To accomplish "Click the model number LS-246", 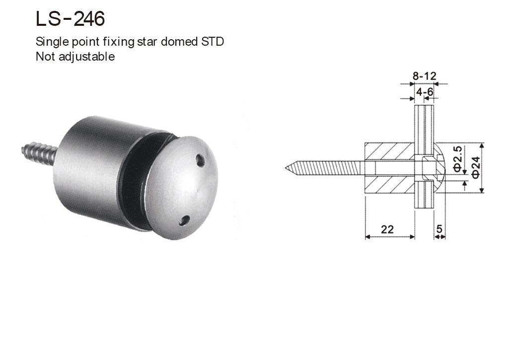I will tap(70, 19).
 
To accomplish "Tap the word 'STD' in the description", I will tap(212, 42).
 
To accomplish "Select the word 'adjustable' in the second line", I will tap(87, 57).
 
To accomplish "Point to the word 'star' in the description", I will tap(148, 42).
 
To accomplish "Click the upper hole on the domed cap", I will tap(200, 160).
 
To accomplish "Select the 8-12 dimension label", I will tap(424, 76).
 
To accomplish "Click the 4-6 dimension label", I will tap(425, 92).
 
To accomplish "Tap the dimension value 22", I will tap(387, 229).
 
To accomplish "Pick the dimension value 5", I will tap(439, 229).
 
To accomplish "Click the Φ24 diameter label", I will tap(475, 167).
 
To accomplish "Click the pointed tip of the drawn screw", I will tap(288, 168).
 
